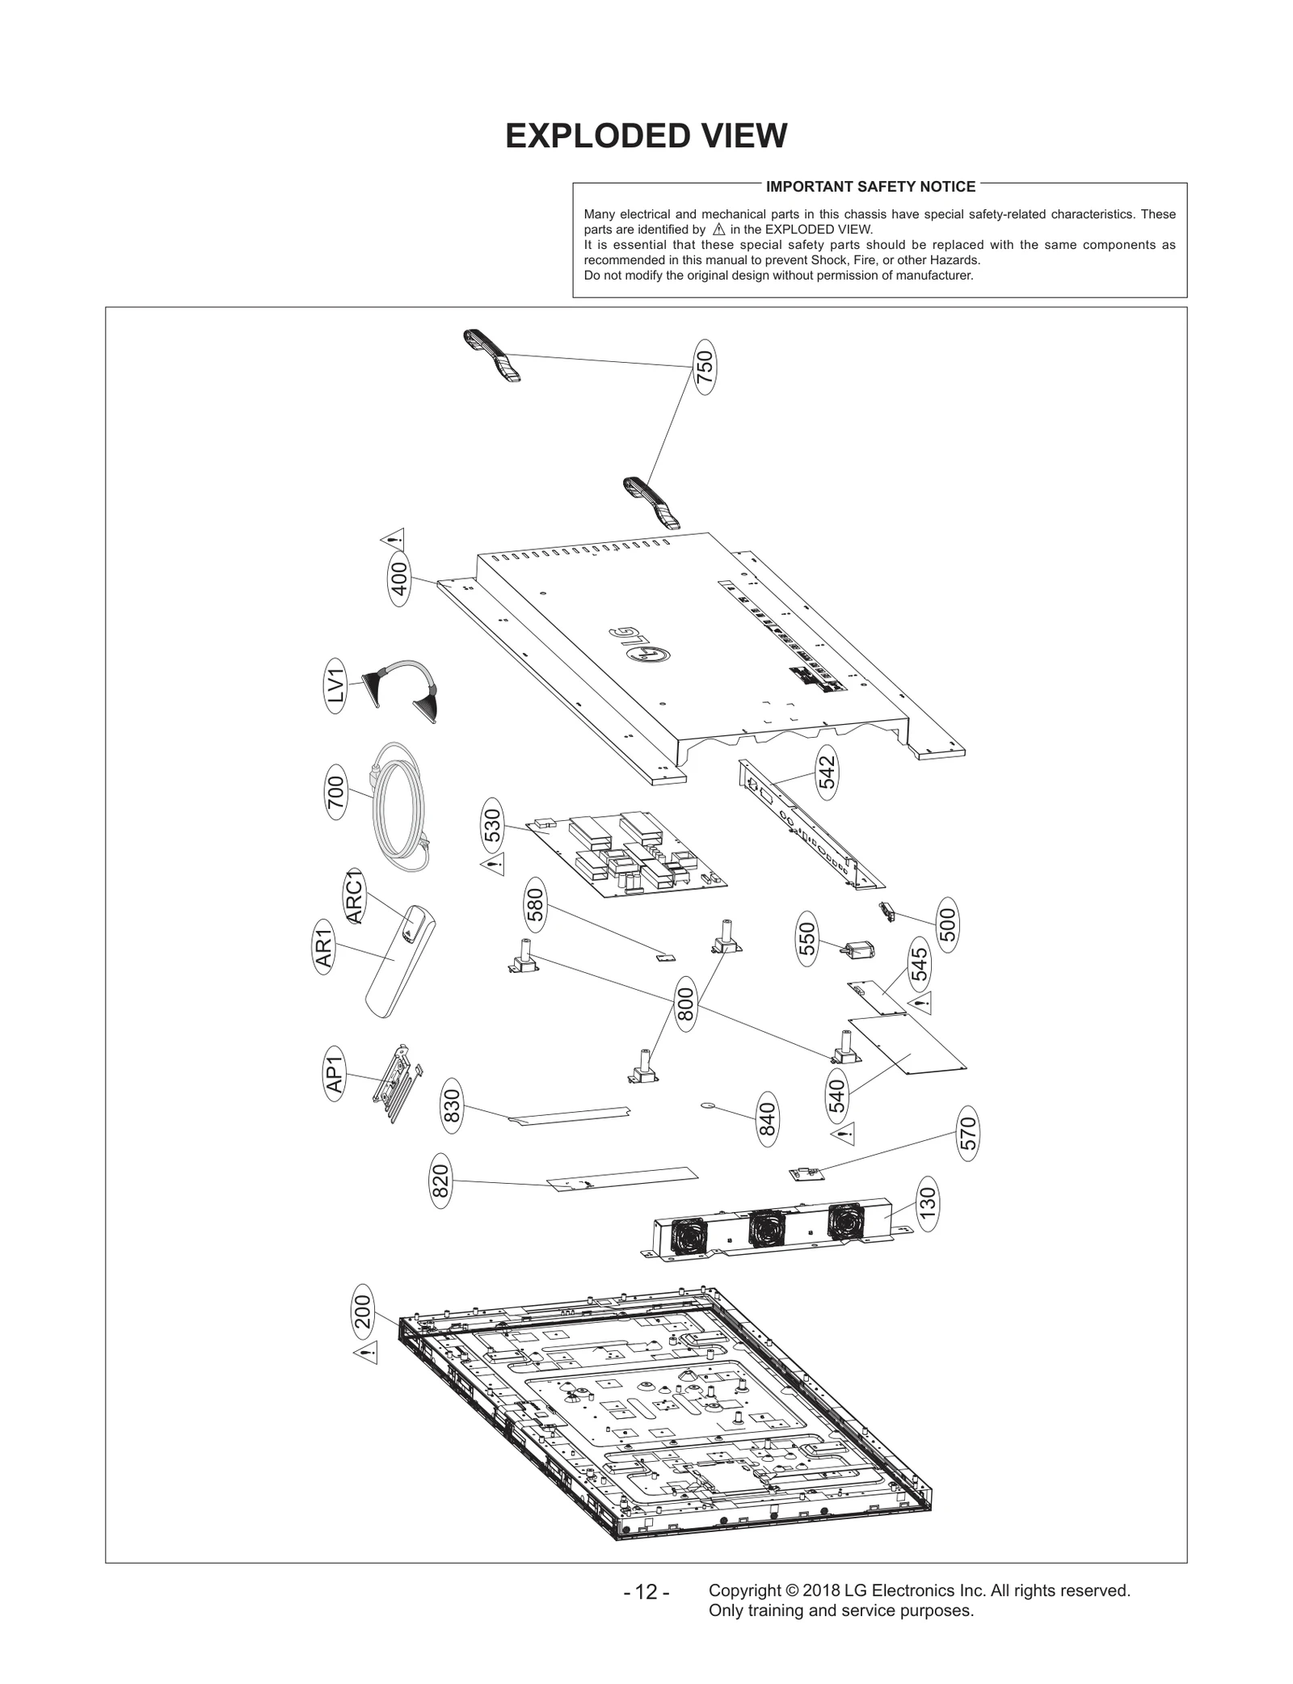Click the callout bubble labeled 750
[x=705, y=367]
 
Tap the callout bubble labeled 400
[x=399, y=579]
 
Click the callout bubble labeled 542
[x=826, y=772]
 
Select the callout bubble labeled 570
[x=968, y=1135]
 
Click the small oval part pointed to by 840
[x=709, y=1104]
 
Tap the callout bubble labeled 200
[x=363, y=1312]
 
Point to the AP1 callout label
[x=335, y=1071]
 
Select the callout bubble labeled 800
[x=684, y=1004]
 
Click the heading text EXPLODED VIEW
[x=646, y=136]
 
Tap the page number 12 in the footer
[x=646, y=1592]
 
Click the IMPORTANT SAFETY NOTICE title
[x=870, y=187]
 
